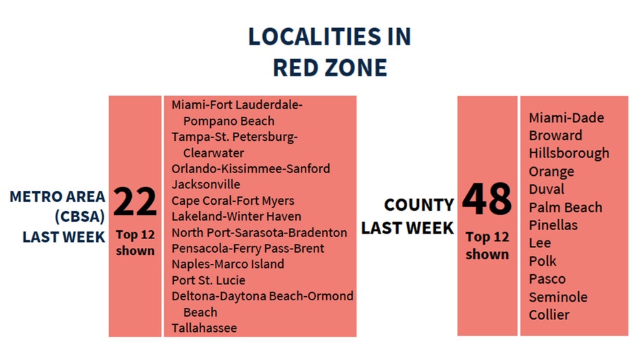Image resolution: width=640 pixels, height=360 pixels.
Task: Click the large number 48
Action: (x=487, y=199)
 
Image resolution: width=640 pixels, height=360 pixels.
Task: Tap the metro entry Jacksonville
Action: (x=206, y=184)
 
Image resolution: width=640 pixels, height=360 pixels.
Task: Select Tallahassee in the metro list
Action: (x=204, y=328)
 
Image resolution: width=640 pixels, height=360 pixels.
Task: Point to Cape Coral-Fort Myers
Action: (x=233, y=201)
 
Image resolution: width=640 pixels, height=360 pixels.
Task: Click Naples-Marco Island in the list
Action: (x=228, y=264)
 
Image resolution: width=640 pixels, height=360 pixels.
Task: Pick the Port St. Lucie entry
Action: (x=208, y=280)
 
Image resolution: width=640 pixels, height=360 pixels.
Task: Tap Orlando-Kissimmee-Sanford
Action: (x=251, y=168)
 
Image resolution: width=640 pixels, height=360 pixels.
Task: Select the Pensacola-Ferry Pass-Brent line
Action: (x=248, y=248)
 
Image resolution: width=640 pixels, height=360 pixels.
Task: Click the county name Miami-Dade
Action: (x=567, y=118)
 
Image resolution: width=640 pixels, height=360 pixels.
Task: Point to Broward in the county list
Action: (x=555, y=135)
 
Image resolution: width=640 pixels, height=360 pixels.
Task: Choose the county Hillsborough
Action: (x=569, y=153)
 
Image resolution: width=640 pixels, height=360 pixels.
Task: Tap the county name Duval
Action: (x=547, y=189)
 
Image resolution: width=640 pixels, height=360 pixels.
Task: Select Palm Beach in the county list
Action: (x=565, y=207)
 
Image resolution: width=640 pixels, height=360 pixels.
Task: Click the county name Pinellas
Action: (x=553, y=225)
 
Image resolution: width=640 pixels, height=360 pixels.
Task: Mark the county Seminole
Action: (x=558, y=297)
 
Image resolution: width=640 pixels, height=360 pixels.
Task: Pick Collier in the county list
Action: (x=549, y=315)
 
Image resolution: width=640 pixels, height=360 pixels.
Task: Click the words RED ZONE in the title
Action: (x=330, y=67)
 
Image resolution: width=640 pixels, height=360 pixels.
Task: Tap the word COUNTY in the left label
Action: (x=419, y=205)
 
